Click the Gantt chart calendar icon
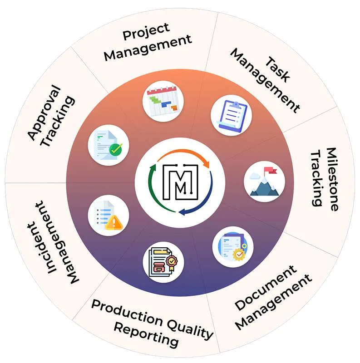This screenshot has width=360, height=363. (x=162, y=100)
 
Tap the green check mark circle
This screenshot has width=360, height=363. (x=116, y=149)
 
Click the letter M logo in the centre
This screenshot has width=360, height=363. (x=180, y=182)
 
